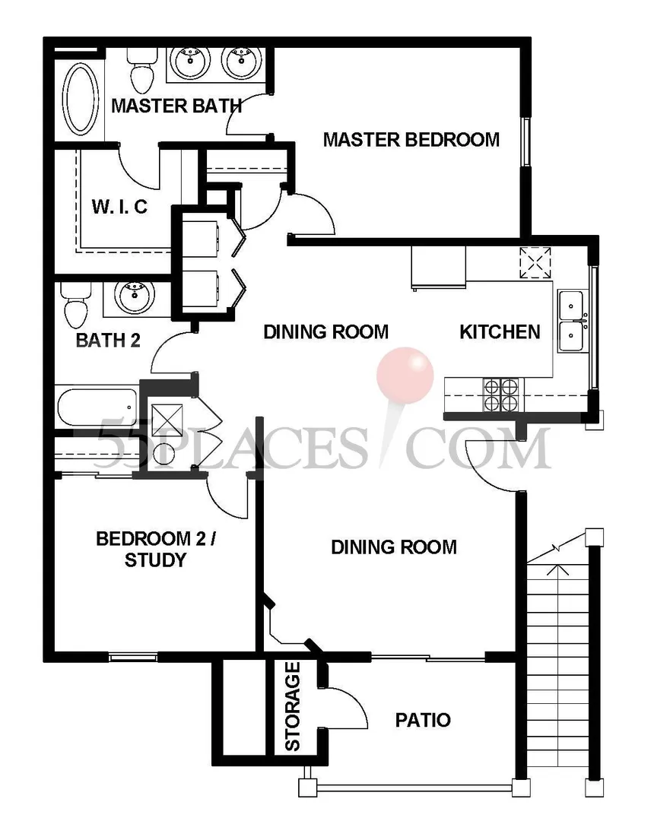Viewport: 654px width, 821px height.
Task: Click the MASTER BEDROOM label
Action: [411, 140]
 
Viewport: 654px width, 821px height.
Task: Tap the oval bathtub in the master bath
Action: [80, 99]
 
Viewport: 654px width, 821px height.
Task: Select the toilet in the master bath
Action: [142, 71]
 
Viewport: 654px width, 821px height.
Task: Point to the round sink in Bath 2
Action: [135, 297]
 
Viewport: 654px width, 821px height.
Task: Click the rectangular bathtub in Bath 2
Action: [97, 407]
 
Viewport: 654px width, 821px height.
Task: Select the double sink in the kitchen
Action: [573, 322]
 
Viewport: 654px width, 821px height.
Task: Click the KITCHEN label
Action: [500, 332]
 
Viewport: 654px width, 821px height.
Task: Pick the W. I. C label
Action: [119, 207]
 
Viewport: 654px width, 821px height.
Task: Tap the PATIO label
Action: [423, 720]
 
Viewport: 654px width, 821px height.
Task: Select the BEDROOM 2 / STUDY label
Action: [155, 550]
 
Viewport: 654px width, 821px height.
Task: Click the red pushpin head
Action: [405, 375]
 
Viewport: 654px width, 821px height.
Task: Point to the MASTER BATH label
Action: [176, 106]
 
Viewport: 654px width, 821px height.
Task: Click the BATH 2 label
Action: [108, 341]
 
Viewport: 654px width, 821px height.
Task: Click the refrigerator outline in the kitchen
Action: [438, 267]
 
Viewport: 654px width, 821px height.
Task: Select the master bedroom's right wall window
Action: [525, 143]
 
